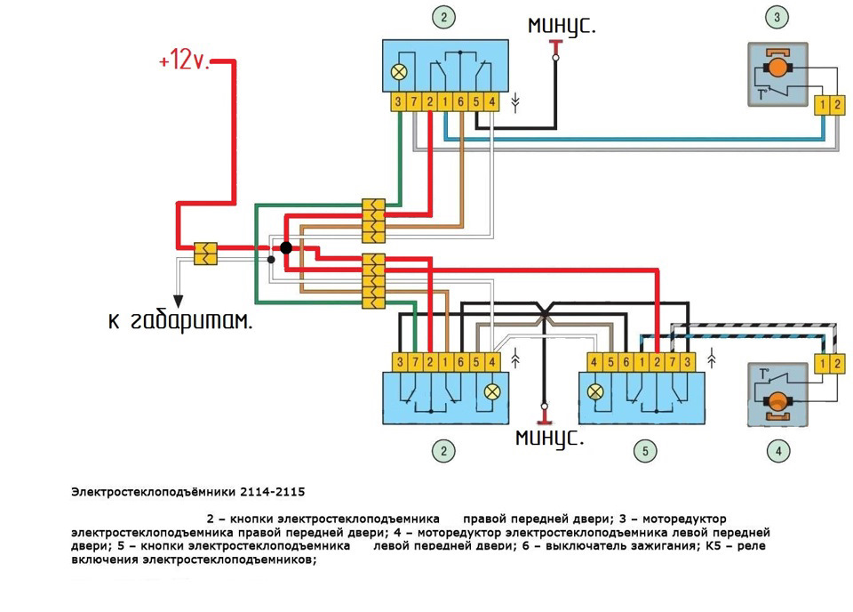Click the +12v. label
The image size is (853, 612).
(183, 62)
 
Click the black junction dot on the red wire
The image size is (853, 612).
(285, 246)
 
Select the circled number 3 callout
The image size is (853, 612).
(778, 16)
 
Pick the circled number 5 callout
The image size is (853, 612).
(646, 450)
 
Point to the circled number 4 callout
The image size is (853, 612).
(778, 450)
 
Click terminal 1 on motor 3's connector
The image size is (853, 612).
(824, 105)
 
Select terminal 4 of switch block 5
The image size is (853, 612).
(596, 362)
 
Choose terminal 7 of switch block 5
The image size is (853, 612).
(673, 362)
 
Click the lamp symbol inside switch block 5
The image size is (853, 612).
(596, 391)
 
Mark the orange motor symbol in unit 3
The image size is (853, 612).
(778, 67)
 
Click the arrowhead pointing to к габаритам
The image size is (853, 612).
(178, 300)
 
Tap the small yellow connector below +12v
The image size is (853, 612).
(205, 254)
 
